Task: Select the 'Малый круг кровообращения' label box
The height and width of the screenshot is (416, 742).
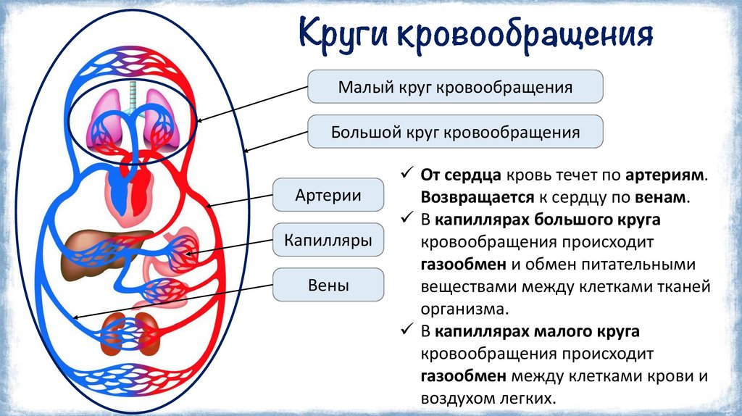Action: (x=455, y=88)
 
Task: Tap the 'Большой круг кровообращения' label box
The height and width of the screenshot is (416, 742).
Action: (x=455, y=133)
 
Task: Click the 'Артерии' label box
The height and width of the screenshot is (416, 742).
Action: (x=328, y=196)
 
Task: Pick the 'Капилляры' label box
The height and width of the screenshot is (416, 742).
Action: (x=328, y=240)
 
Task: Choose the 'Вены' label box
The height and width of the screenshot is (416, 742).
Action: (x=328, y=285)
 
